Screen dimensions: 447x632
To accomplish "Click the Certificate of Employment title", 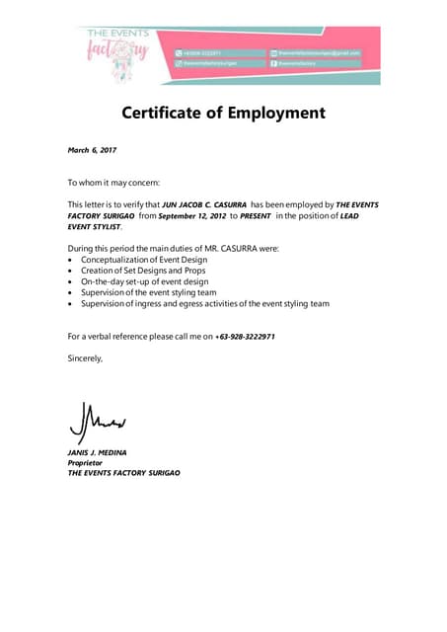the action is tap(223, 113).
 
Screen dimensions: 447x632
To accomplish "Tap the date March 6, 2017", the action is tap(91, 150).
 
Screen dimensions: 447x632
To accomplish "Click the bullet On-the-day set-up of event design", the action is tap(144, 281).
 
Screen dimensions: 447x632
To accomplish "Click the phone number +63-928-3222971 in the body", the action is tap(245, 337).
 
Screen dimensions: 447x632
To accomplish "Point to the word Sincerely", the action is tap(85, 357).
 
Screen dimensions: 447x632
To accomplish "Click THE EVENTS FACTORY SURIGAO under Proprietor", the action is tap(123, 473).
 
